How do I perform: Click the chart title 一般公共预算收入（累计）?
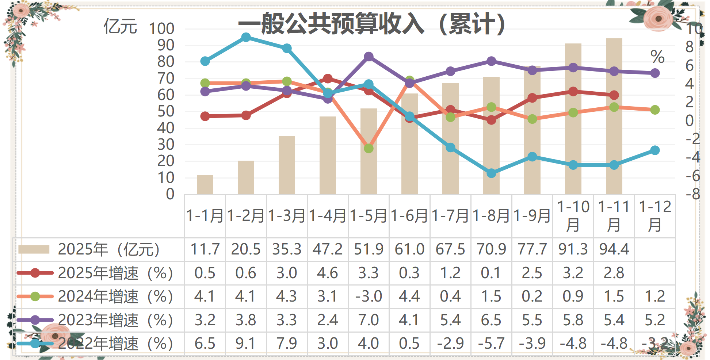[372, 24]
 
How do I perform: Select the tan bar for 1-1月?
[205, 184]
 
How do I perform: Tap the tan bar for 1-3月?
[287, 165]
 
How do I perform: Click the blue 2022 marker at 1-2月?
[246, 37]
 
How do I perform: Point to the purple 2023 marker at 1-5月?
[369, 57]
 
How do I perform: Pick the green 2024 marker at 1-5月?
[369, 148]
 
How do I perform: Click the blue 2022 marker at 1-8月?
[491, 173]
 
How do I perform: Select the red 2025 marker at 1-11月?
[614, 95]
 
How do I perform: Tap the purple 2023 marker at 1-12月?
[655, 73]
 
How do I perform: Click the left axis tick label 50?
[166, 111]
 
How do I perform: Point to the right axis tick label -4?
[692, 157]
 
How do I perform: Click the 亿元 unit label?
[120, 27]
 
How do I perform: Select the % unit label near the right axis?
[657, 57]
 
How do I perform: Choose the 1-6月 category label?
[409, 216]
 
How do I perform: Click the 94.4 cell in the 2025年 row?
[614, 249]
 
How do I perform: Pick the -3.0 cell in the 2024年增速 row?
[369, 296]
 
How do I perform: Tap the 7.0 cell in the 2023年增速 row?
[369, 320]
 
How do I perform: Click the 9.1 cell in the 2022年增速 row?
[246, 344]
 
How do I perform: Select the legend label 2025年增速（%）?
[115, 273]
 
